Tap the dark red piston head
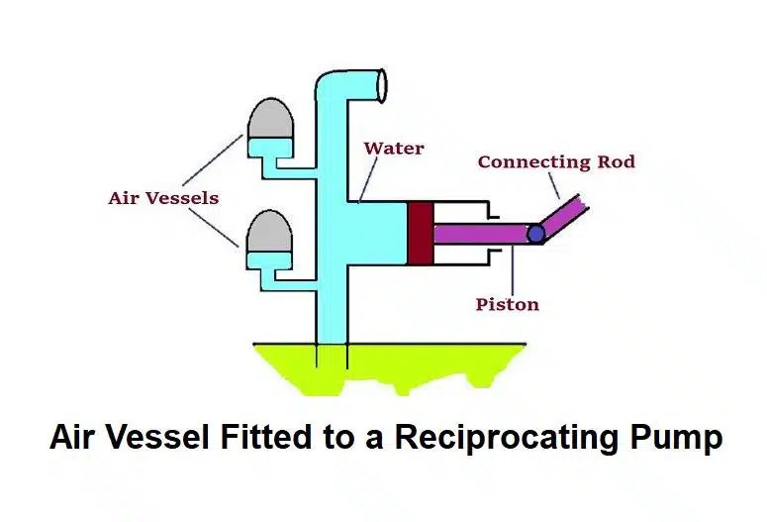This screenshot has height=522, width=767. point(421,233)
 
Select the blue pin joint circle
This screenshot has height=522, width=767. point(535,234)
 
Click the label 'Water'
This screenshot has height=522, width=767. point(394,150)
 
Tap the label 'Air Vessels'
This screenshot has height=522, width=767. point(163,198)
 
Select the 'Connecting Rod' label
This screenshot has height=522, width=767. point(556,161)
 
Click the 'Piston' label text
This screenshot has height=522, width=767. point(507,304)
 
